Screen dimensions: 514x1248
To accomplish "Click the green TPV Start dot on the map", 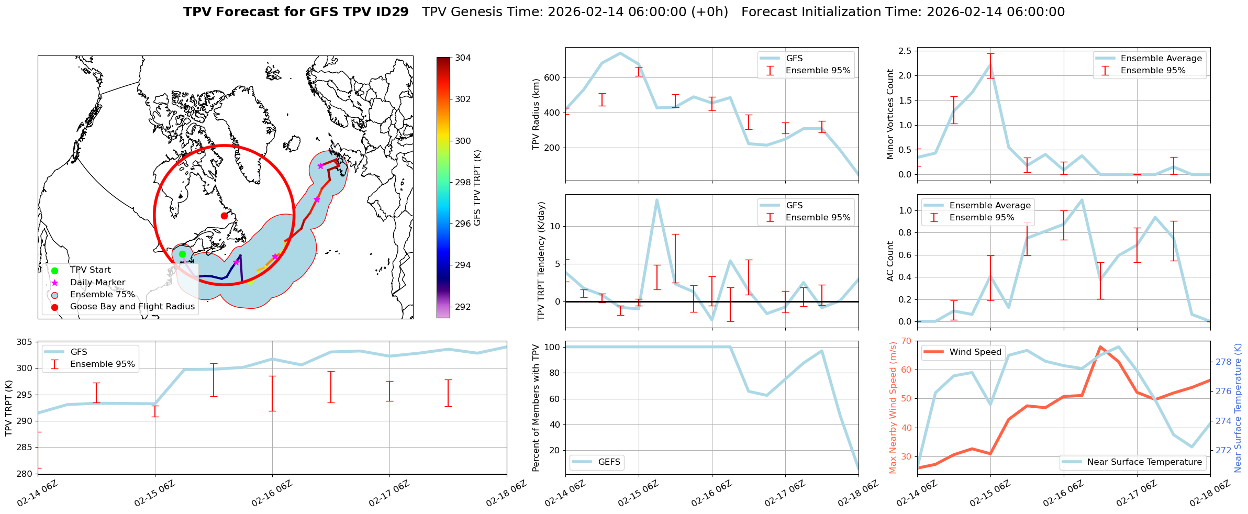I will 182,254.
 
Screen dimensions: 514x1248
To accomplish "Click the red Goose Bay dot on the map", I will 224,216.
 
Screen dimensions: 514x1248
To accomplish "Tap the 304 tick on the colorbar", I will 462,58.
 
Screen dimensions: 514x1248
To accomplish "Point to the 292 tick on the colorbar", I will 462,307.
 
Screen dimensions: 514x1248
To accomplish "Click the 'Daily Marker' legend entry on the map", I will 97,283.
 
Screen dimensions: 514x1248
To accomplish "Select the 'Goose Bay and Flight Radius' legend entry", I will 132,307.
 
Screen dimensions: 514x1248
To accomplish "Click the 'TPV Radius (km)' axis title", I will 536,115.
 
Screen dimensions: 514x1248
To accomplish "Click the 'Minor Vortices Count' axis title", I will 890,114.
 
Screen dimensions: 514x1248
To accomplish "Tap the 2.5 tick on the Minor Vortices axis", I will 905,51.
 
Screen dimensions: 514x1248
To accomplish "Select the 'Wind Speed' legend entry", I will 975,352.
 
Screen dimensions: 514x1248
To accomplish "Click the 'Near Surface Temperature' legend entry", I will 1144,462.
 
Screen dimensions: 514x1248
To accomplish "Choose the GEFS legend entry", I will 609,462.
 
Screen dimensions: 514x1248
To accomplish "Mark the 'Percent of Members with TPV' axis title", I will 536,408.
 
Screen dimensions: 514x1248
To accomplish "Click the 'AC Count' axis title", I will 890,261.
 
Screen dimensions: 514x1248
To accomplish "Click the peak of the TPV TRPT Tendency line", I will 656,199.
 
